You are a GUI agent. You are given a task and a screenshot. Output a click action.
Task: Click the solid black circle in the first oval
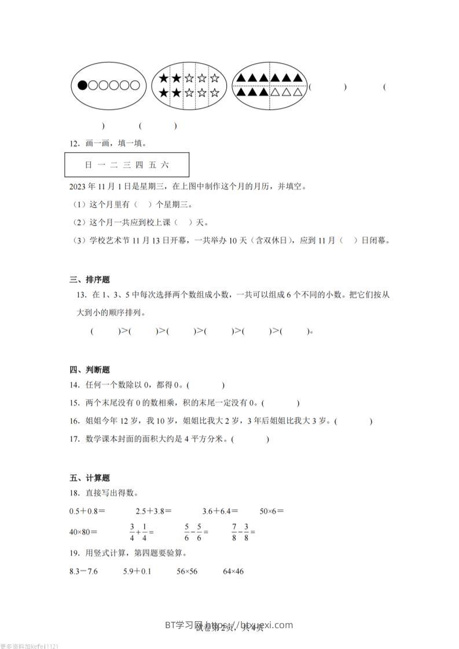pos(83,86)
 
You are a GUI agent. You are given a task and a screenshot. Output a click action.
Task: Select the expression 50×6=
pos(272,511)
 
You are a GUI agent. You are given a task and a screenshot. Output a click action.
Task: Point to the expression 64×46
pos(233,572)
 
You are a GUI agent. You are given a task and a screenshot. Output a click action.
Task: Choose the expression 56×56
pos(187,572)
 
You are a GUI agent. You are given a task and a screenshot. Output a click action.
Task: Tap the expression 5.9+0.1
pos(137,572)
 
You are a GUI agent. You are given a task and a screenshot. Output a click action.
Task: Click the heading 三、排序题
pos(89,280)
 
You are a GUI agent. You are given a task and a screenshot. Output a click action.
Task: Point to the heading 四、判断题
pos(89,370)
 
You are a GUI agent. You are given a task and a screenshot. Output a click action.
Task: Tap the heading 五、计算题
pos(89,478)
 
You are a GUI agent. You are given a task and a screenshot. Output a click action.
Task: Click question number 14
pos(74,385)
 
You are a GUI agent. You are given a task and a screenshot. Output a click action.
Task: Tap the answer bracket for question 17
pos(249,440)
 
